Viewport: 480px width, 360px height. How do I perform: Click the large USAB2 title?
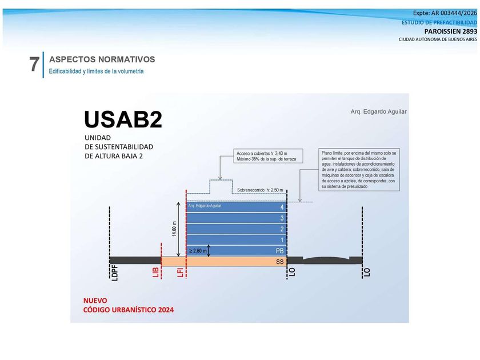123,119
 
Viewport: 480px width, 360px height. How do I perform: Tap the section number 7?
34,64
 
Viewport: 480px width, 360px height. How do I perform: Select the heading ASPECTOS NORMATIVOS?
102,59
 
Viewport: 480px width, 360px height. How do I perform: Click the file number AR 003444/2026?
454,13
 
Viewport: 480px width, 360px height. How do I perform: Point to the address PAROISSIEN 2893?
451,31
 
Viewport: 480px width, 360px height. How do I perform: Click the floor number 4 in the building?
282,207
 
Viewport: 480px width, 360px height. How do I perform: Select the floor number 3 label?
282,218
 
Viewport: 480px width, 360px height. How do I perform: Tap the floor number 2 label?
282,229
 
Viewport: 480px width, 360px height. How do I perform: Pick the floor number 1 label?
282,240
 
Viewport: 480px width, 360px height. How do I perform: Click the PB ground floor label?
280,251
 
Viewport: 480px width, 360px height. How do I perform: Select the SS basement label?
280,262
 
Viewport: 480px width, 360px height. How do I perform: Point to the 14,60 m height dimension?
174,229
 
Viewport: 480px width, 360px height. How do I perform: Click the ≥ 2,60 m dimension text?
198,251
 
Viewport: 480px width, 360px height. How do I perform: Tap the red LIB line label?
155,272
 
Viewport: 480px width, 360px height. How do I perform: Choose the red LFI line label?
181,272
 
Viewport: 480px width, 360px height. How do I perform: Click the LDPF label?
115,273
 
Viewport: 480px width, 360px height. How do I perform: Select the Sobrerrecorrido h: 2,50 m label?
260,190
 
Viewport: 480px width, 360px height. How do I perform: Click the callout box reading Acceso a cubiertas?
268,156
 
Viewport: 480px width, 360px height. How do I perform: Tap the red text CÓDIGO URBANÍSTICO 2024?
128,310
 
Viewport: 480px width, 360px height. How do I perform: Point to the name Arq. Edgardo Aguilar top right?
379,112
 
